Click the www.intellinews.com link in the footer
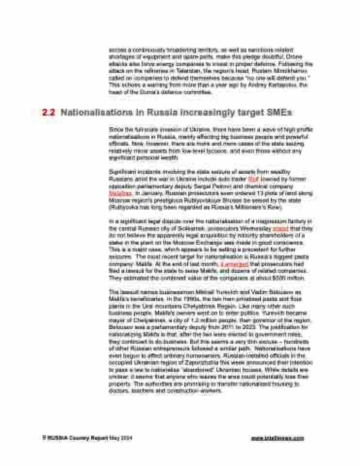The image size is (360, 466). tap(278, 438)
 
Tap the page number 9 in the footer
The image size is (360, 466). tap(43, 438)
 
